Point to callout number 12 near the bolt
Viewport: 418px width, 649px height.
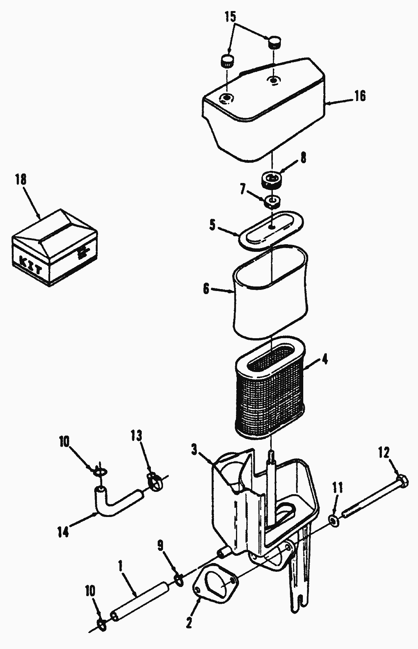tap(383, 453)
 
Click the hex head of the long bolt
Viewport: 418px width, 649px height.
tap(402, 480)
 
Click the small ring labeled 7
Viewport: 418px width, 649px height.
tap(272, 200)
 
